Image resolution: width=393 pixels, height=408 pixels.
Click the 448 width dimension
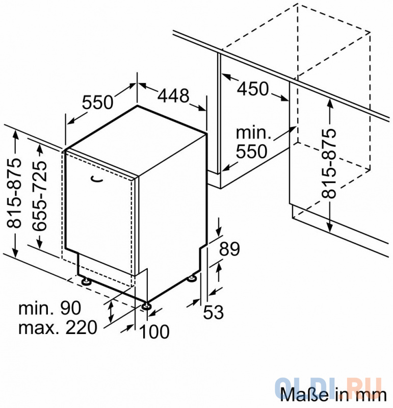[x=173, y=95]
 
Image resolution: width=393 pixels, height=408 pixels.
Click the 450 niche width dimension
[x=253, y=88]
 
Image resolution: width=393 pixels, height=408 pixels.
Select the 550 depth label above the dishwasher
[x=98, y=103]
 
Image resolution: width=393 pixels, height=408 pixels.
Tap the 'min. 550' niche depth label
[x=252, y=142]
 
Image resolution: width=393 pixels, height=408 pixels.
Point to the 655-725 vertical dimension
[x=40, y=196]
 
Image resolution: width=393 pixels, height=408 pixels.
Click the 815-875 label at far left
[x=14, y=193]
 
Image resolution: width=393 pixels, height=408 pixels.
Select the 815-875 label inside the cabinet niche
[x=329, y=163]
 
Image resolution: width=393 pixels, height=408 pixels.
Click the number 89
[x=229, y=249]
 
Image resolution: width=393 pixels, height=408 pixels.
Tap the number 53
[x=213, y=312]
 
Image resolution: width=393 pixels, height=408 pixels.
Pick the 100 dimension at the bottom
[x=154, y=331]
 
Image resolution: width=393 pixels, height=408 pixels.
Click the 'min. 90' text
[x=49, y=309]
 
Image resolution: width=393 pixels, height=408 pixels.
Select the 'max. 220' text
[x=58, y=327]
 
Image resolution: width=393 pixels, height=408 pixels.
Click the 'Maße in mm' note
[x=333, y=395]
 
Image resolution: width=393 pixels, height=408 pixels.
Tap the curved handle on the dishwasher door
[x=96, y=179]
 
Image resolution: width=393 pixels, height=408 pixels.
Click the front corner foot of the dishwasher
[x=146, y=305]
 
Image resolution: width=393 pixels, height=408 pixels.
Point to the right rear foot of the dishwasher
[x=193, y=278]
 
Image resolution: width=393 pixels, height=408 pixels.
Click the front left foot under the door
[x=86, y=281]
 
